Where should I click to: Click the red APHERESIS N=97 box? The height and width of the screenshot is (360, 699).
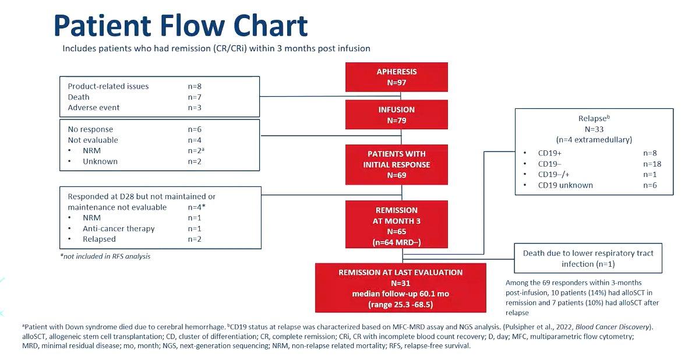pyautogui.click(x=396, y=77)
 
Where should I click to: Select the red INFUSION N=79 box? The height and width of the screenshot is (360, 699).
pyautogui.click(x=396, y=115)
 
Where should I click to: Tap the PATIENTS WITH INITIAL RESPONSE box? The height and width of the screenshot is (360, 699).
pyautogui.click(x=396, y=164)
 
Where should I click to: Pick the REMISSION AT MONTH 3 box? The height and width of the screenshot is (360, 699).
pyautogui.click(x=396, y=224)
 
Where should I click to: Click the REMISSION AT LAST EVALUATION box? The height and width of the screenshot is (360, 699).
pyautogui.click(x=400, y=288)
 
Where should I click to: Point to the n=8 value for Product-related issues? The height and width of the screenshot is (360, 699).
pyautogui.click(x=195, y=86)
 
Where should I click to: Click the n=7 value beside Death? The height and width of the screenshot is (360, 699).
pyautogui.click(x=195, y=97)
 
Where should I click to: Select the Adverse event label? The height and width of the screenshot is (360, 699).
pyautogui.click(x=94, y=108)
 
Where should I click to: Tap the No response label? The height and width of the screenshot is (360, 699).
pyautogui.click(x=90, y=129)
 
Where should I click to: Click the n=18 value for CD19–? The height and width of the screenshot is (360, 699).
pyautogui.click(x=652, y=164)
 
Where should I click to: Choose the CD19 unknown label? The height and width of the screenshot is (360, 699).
pyautogui.click(x=565, y=185)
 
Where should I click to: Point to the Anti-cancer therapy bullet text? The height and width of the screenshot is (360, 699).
pyautogui.click(x=119, y=229)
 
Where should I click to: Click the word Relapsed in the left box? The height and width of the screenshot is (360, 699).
pyautogui.click(x=99, y=239)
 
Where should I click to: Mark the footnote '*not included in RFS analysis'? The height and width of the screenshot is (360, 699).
pyautogui.click(x=105, y=256)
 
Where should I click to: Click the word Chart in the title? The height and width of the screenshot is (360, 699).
pyautogui.click(x=270, y=26)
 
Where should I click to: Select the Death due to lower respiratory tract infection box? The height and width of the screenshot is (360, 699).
pyautogui.click(x=588, y=258)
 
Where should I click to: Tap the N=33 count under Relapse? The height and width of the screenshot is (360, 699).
pyautogui.click(x=594, y=129)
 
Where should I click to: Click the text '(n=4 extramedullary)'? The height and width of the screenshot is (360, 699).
pyautogui.click(x=594, y=140)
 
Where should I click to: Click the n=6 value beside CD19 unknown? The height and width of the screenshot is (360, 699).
pyautogui.click(x=650, y=185)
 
